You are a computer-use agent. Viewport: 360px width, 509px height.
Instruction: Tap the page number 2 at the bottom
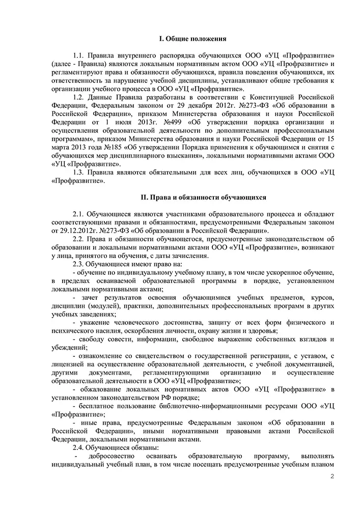tap(331, 476)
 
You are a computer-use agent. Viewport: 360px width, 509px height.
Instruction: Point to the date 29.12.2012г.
tap(77, 231)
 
